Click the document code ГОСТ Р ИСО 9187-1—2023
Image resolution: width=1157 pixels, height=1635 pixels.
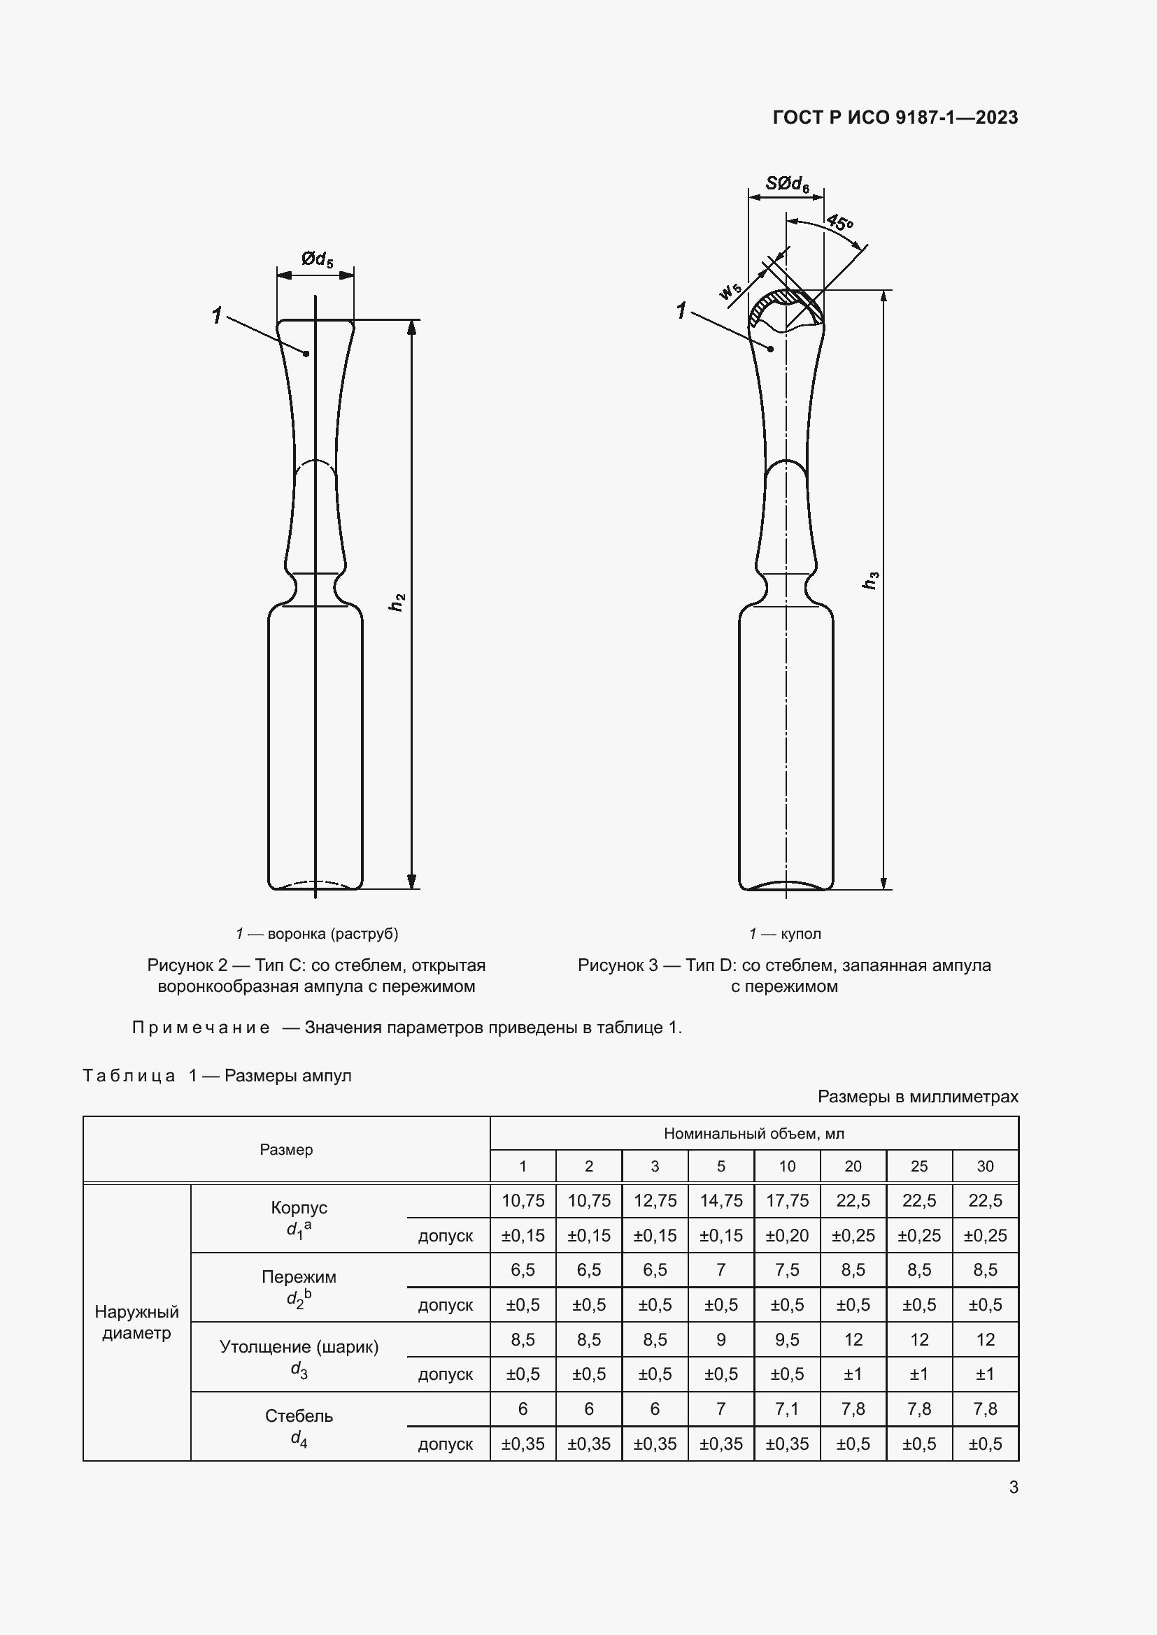pos(895,117)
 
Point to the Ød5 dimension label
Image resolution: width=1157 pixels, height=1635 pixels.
pos(316,259)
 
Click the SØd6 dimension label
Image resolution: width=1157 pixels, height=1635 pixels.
pos(786,184)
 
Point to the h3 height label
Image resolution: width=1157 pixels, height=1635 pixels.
pos(870,580)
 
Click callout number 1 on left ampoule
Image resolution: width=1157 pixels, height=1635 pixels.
pos(217,315)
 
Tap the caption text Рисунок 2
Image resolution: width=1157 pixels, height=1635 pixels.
pos(187,965)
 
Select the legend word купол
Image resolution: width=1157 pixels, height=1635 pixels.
pos(801,934)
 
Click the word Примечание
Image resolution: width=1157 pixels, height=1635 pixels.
pos(201,1028)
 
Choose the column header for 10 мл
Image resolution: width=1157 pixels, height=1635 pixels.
pos(786,1167)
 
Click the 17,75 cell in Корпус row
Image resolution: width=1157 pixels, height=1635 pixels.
pos(786,1201)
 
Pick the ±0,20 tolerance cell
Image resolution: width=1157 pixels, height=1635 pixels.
pos(786,1235)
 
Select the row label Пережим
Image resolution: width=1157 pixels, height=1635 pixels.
pos(299,1277)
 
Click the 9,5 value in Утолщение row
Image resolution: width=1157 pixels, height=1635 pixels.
pos(786,1340)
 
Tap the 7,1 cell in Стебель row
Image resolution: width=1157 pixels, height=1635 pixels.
pos(786,1409)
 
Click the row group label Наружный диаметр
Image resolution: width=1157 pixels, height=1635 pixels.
pos(137,1323)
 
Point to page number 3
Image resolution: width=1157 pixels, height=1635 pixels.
pos(1013,1488)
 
